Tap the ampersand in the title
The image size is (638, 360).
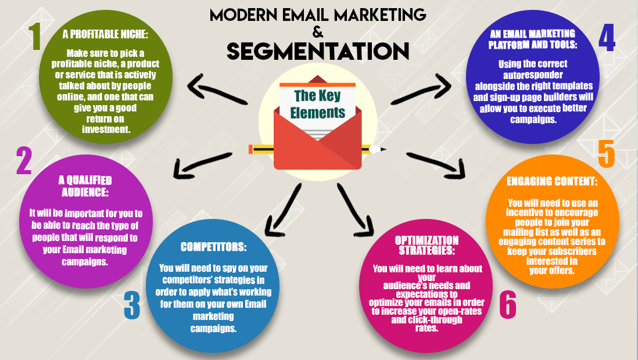coord(317,30)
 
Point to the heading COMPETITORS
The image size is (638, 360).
coord(213,247)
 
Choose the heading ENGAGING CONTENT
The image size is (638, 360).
coord(552,181)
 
